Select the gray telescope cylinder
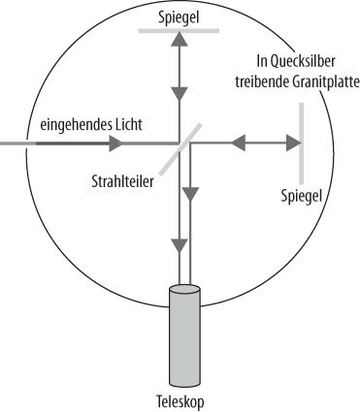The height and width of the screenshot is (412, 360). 185,334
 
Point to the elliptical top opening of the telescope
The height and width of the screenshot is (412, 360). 185,290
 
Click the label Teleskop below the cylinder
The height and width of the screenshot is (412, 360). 183,399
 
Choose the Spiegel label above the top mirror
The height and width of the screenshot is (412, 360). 180,15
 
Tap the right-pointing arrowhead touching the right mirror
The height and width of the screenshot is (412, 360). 291,145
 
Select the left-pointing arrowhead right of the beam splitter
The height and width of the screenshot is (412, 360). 234,145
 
